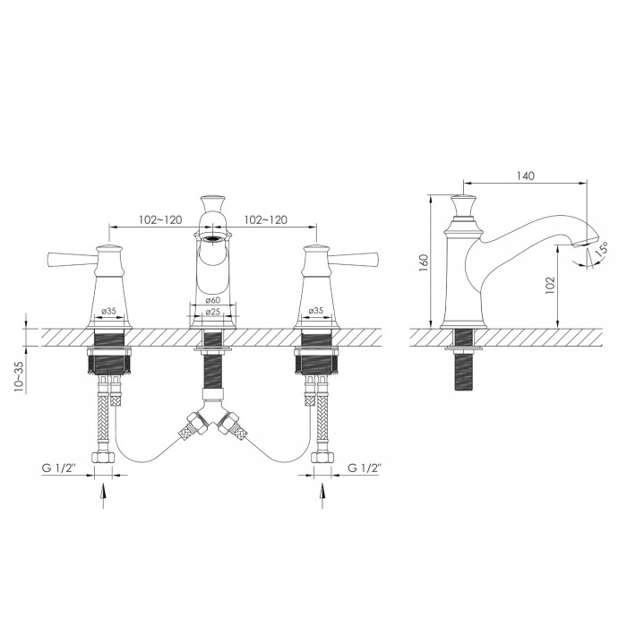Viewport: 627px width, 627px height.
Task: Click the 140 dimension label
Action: (x=525, y=176)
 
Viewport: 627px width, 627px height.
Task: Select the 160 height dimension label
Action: (x=424, y=262)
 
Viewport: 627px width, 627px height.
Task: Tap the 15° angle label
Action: (x=602, y=249)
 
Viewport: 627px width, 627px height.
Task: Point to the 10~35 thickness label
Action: (x=20, y=377)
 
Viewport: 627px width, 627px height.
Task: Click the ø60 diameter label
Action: (x=213, y=300)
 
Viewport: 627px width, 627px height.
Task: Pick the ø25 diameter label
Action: (x=213, y=312)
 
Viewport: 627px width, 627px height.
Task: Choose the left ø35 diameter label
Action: (x=108, y=311)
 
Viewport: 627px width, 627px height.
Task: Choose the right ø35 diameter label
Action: (x=316, y=311)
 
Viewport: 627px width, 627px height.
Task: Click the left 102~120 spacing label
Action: (x=160, y=219)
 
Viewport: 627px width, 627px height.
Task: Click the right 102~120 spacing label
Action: (x=265, y=219)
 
